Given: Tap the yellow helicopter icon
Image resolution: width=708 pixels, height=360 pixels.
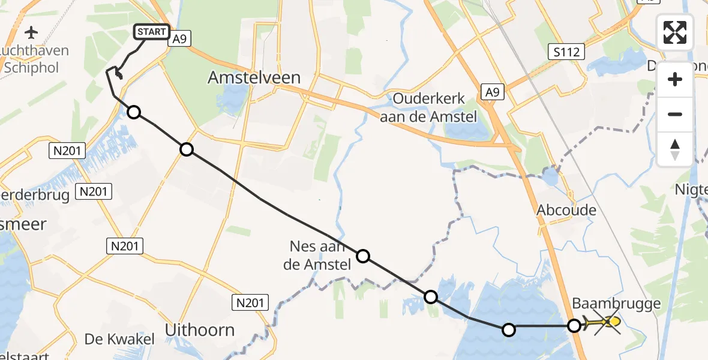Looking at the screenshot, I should (607, 324).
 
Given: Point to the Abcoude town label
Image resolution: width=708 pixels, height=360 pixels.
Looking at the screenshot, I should (567, 210).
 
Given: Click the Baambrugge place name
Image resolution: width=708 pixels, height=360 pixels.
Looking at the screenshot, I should (616, 304).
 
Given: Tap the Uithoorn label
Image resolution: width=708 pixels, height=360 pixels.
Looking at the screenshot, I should (199, 329).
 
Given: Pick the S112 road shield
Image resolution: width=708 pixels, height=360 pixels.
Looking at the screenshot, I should (567, 52).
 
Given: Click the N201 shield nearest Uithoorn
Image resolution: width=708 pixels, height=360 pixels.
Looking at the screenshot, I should (251, 303).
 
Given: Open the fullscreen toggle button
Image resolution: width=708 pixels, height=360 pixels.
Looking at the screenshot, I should (675, 32).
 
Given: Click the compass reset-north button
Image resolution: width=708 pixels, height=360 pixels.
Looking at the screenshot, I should (675, 149).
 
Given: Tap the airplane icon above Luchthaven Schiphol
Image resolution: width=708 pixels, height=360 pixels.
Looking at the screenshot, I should (31, 31).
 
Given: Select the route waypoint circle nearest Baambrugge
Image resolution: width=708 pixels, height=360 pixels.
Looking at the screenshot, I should (574, 326).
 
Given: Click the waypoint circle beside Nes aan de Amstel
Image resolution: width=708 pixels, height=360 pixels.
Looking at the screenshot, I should (363, 257).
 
